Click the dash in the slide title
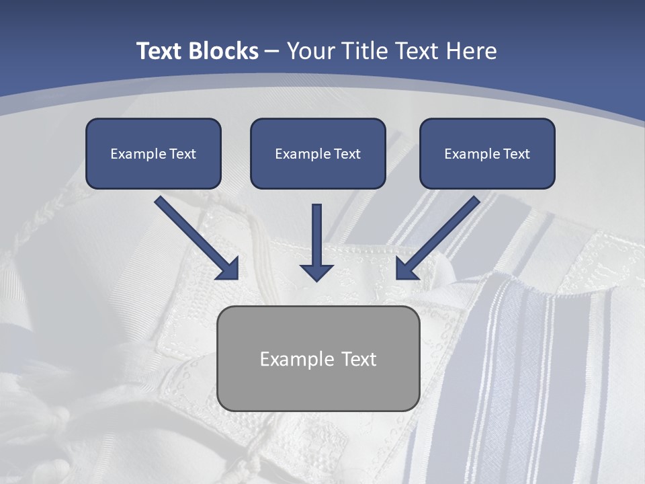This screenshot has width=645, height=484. point(272,51)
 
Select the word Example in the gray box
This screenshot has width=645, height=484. point(297,359)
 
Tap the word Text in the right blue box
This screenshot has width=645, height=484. point(516,154)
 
